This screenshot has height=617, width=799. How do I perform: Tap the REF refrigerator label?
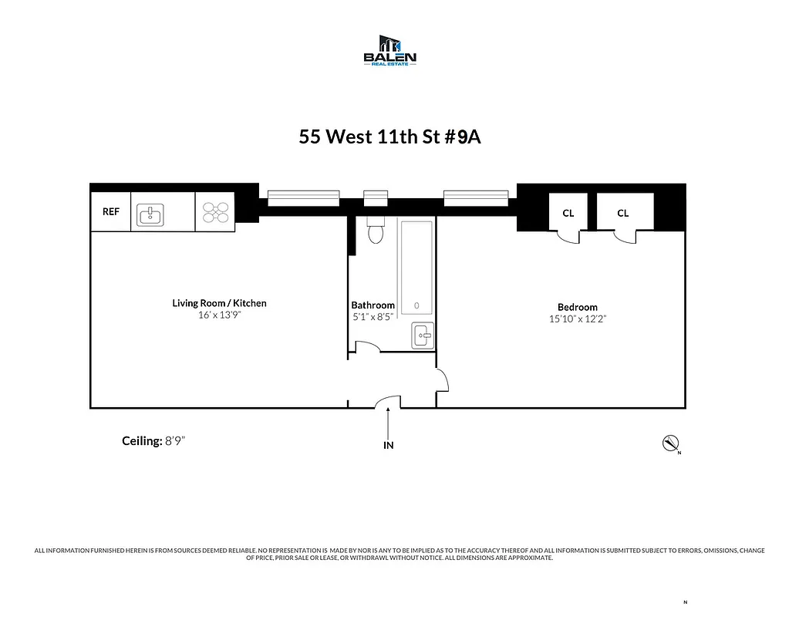[x=111, y=211]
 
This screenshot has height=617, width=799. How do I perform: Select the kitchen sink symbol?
[x=150, y=214]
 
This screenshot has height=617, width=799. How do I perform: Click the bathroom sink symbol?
[x=422, y=335]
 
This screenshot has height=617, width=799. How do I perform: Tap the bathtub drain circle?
[x=416, y=305]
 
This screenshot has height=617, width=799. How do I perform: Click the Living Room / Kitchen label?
[x=219, y=303]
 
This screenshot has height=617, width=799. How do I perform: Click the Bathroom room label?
[x=373, y=305]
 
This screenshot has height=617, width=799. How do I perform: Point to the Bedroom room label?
[x=577, y=307]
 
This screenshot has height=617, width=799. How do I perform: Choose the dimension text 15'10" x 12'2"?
[x=577, y=319]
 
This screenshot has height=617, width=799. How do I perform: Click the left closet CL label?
[x=568, y=213]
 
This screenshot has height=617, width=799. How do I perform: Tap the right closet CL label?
[x=622, y=213]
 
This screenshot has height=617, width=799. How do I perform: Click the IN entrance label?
[x=389, y=445]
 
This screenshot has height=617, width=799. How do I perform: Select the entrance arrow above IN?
[x=389, y=423]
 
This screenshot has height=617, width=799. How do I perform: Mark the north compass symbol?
[x=669, y=443]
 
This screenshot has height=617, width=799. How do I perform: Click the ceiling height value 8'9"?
[x=176, y=441]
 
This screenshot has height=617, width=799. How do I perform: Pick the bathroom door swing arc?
[x=368, y=349]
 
